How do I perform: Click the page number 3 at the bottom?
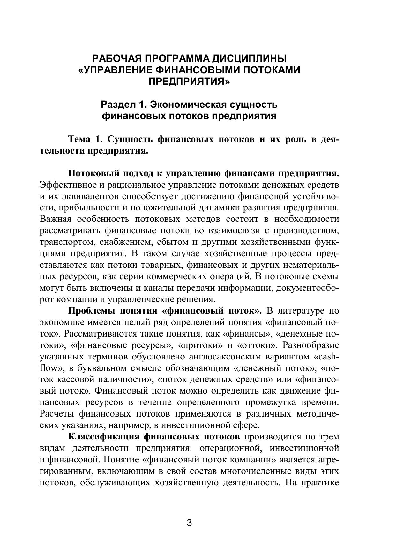(189, 523)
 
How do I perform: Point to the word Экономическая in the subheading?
(183, 104)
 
